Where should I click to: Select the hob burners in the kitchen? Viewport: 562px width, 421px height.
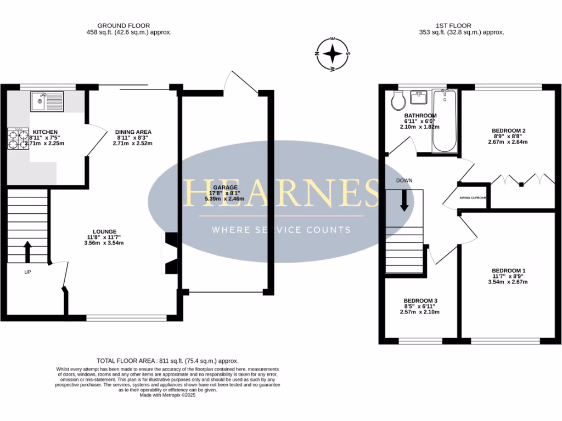pyautogui.click(x=17, y=139)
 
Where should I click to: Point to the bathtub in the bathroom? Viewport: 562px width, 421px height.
pyautogui.click(x=443, y=121)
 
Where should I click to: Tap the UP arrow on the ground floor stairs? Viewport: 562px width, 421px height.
pyautogui.click(x=27, y=252)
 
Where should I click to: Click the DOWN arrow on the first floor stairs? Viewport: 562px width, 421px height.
pyautogui.click(x=404, y=200)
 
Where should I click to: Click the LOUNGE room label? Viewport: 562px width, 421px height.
pyautogui.click(x=105, y=231)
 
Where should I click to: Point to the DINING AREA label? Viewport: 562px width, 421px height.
pyautogui.click(x=133, y=132)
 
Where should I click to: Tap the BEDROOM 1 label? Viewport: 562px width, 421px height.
pyautogui.click(x=509, y=271)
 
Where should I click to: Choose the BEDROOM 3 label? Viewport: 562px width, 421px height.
pyautogui.click(x=421, y=301)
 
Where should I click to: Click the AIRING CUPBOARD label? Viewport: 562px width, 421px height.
pyautogui.click(x=473, y=199)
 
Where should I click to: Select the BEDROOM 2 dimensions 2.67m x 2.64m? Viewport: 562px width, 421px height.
pyautogui.click(x=508, y=141)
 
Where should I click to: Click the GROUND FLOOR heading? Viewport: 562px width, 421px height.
pyautogui.click(x=123, y=26)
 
